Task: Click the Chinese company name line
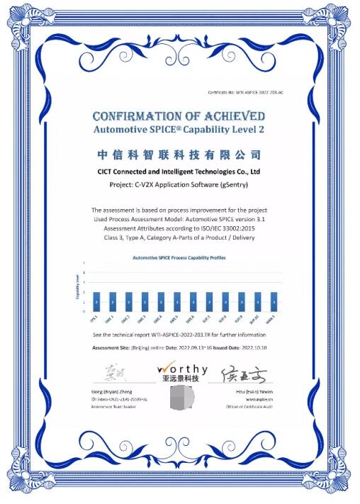coord(179,155)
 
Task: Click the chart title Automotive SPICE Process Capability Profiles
coord(179,258)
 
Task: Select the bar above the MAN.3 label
coord(274,301)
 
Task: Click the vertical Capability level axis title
coord(77,290)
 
